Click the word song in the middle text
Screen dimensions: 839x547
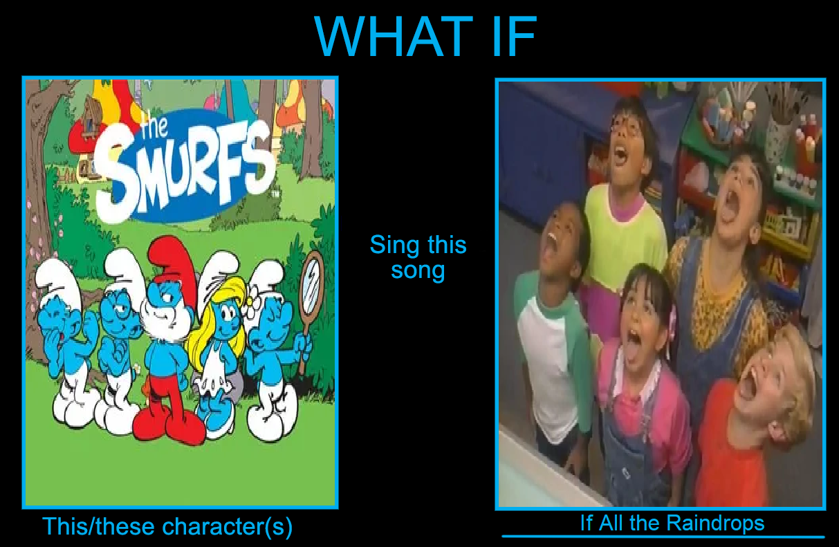pyautogui.click(x=418, y=270)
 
